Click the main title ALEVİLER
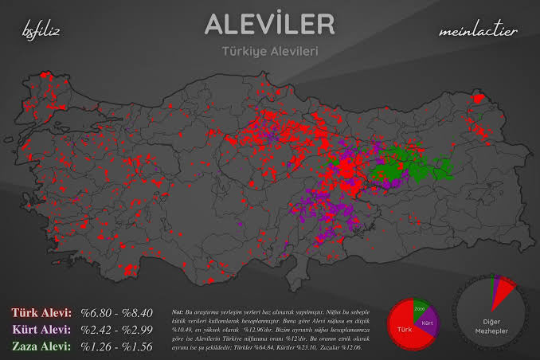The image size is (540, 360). (270, 25)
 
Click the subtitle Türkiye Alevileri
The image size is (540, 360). (270, 52)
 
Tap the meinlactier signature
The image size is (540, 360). (478, 32)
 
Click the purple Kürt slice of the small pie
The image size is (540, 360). (428, 322)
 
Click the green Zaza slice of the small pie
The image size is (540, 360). (421, 306)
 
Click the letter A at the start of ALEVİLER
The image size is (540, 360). (214, 25)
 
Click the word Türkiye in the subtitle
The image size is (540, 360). (245, 52)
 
